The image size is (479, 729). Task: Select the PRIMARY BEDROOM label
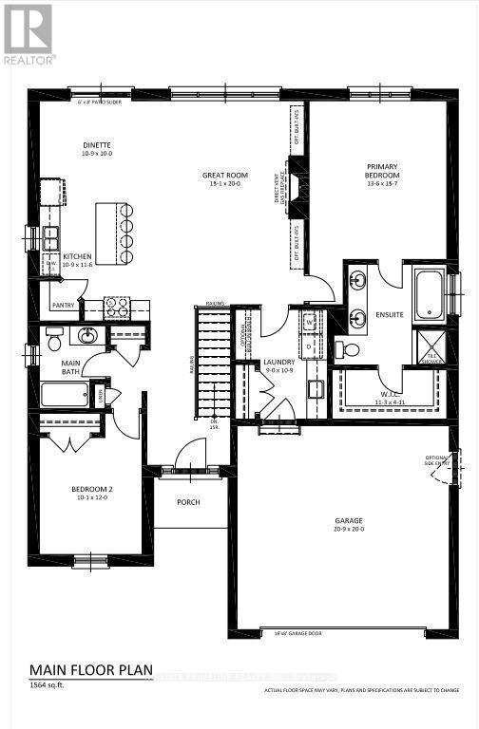(383, 171)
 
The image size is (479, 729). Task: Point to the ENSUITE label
(390, 313)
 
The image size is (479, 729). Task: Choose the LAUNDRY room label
(280, 362)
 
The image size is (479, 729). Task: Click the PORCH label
(188, 501)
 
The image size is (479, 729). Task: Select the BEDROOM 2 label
(92, 490)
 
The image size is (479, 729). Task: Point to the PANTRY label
(64, 306)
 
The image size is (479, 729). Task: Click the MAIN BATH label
(71, 367)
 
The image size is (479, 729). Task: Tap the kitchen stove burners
(116, 307)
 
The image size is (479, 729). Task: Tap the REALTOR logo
(29, 33)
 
